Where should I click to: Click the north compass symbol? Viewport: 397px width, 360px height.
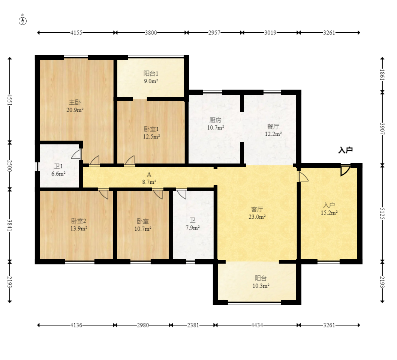pos(23,21)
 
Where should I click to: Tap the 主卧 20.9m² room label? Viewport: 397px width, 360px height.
pos(75,106)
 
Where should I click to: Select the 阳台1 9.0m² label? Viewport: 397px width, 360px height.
pos(151,77)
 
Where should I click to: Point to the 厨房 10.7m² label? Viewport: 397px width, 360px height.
pos(216,124)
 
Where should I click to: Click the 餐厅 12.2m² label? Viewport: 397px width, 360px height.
pos(273,130)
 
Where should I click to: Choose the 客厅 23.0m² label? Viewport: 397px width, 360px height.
pos(257,213)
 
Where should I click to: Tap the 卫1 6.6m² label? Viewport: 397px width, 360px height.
pos(58,170)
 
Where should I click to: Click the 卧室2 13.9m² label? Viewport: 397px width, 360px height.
pos(79,225)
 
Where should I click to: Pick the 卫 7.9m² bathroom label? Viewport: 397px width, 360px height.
pos(193,224)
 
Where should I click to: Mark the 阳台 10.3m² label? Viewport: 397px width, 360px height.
pos(261,282)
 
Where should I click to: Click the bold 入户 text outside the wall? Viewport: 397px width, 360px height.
pos(346,150)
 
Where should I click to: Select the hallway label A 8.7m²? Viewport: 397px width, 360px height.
pos(149,178)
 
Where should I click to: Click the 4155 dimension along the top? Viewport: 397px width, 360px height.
pos(76,33)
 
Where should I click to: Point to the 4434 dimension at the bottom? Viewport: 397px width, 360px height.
pos(257,325)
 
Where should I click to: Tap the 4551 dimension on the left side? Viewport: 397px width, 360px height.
pos(10,100)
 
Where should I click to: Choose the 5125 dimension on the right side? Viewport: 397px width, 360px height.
pos(382,213)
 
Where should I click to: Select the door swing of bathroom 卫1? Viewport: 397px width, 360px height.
pos(76,154)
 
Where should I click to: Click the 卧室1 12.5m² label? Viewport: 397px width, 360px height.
pos(151,133)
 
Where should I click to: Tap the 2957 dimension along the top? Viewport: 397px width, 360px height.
pos(214,33)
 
